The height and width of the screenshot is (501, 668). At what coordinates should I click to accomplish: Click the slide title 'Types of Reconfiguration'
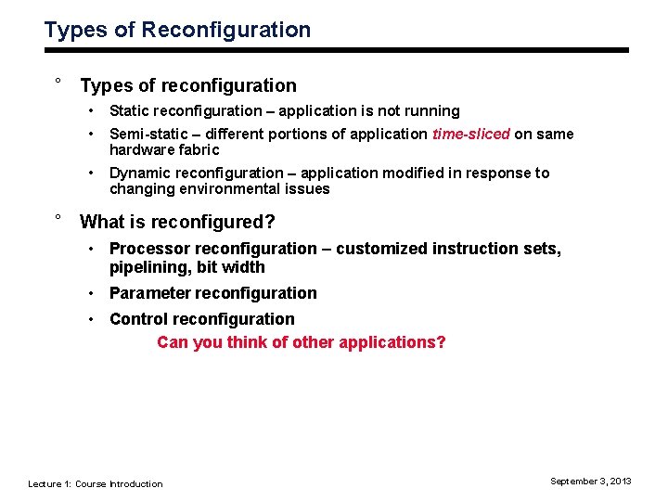coord(177,30)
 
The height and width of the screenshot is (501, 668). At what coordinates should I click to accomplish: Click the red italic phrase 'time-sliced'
coord(470,134)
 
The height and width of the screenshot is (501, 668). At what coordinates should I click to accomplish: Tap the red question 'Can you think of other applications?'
coord(302,342)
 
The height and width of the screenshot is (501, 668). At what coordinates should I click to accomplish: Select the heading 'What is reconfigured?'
coord(177,222)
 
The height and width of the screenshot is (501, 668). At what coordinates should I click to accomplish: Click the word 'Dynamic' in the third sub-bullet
coord(139,173)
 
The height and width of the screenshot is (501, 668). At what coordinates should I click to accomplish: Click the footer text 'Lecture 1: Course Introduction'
coord(96,483)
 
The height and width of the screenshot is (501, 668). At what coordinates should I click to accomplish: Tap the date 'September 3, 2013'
coord(590,481)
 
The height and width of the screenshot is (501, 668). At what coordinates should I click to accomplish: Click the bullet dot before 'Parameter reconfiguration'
coord(93,293)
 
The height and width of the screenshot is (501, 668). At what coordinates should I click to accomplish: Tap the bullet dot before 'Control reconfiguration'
coord(93,319)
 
